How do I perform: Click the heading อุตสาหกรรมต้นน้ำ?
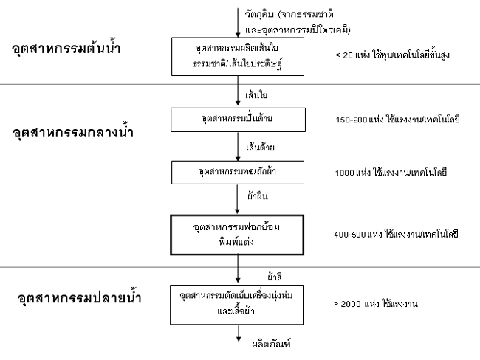[x=66, y=49]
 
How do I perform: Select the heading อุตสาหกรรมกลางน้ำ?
[x=73, y=132]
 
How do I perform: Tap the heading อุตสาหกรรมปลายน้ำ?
[x=79, y=297]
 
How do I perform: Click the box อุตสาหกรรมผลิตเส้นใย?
[x=238, y=57]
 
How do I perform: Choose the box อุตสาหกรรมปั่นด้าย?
[x=238, y=120]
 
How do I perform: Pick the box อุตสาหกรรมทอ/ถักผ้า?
[x=238, y=173]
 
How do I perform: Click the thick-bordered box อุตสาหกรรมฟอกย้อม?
[x=237, y=235]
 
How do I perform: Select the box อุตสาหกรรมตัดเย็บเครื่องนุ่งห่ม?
[x=236, y=305]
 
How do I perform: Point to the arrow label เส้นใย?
[x=256, y=95]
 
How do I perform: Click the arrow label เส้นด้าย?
[x=260, y=148]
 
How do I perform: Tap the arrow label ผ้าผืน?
[x=258, y=195]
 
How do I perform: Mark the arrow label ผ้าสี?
[x=274, y=277]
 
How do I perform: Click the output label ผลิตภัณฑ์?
[x=271, y=344]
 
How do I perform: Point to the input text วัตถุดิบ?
[x=258, y=14]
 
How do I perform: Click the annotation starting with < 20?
[x=392, y=55]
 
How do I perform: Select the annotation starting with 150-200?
[x=397, y=119]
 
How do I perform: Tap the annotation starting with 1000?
[x=391, y=172]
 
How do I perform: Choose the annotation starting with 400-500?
[x=396, y=235]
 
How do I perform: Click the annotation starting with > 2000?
[x=376, y=304]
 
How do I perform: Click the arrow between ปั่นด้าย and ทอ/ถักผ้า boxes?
[x=238, y=147]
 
